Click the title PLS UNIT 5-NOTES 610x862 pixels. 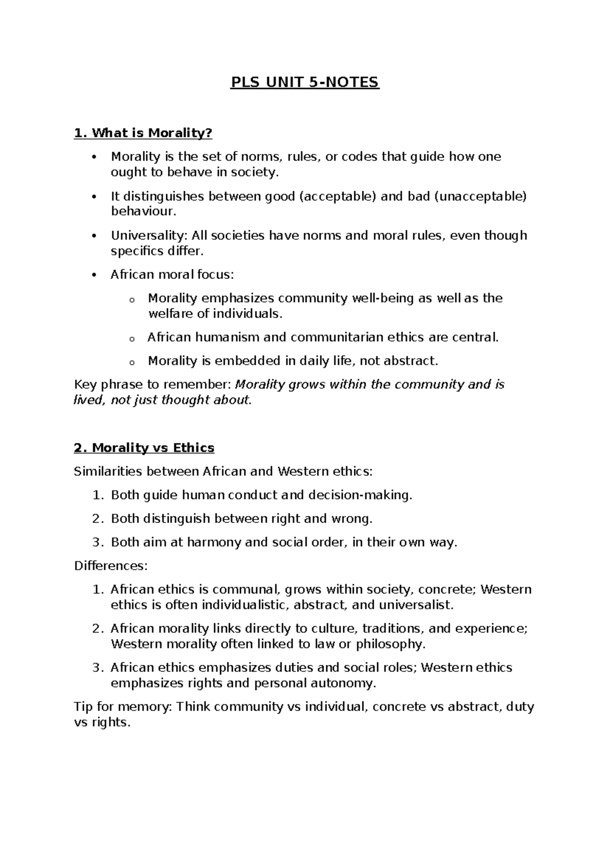click(x=305, y=82)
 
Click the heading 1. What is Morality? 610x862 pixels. click(x=143, y=133)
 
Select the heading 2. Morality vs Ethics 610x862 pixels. click(x=144, y=448)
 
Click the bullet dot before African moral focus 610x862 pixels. click(x=94, y=275)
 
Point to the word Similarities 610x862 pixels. click(x=108, y=472)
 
